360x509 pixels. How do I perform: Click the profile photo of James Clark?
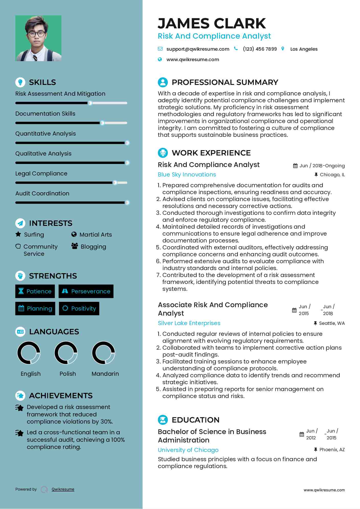[x=38, y=38]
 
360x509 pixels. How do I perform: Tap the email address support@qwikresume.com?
[x=198, y=49]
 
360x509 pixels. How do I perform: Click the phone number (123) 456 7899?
[x=260, y=49]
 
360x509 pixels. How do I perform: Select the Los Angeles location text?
[x=304, y=49]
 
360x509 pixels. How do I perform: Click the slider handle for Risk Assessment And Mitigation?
[x=90, y=103]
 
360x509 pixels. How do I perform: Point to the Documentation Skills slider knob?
[x=102, y=123]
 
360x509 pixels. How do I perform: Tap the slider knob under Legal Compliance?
[x=115, y=183]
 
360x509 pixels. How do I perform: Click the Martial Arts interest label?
[x=95, y=235]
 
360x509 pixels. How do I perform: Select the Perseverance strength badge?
[x=86, y=291]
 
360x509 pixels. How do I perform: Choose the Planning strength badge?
[x=35, y=308]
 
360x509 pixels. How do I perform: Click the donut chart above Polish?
[x=66, y=353]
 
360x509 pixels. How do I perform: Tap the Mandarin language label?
[x=105, y=374]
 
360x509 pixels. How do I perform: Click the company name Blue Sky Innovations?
[x=187, y=174]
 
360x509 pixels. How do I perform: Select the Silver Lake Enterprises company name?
[x=189, y=323]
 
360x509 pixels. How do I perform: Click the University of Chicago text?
[x=188, y=450]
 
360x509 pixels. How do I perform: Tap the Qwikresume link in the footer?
[x=63, y=489]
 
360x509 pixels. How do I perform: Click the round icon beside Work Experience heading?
[x=163, y=153]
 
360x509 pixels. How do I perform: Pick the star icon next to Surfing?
[x=18, y=234]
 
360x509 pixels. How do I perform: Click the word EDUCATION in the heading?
[x=195, y=420]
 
